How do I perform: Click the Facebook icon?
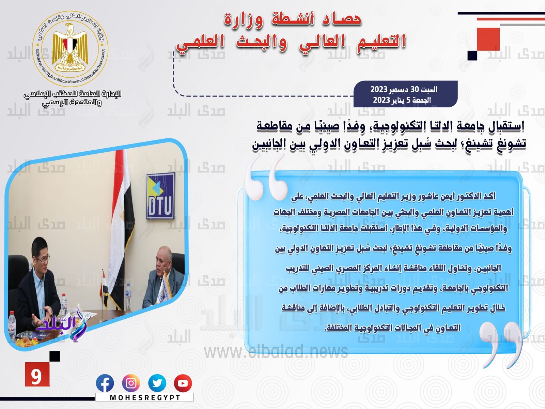105,383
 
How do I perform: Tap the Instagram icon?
131,383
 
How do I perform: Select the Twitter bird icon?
157,383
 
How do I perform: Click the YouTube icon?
183,383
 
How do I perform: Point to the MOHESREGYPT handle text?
145,397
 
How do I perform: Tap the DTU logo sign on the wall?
161,196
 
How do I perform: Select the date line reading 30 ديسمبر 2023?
404,89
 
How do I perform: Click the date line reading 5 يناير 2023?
402,100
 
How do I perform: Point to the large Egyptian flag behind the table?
122,224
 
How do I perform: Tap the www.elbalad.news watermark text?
276,351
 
